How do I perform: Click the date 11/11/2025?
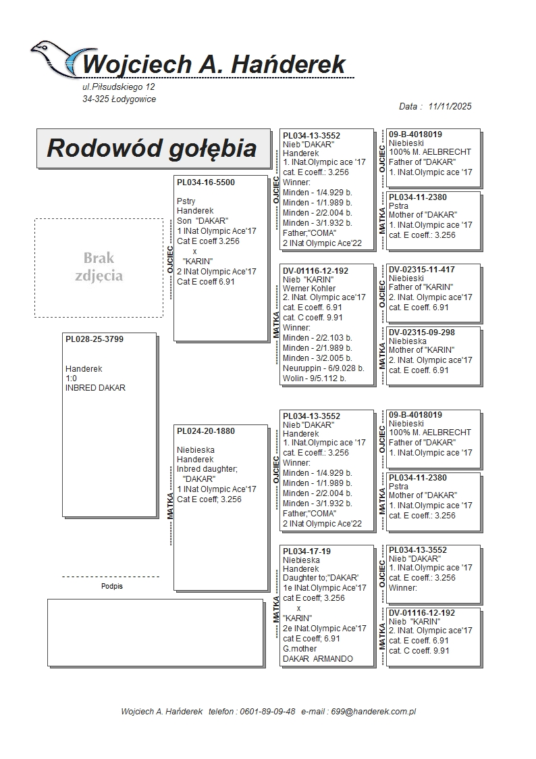point(450,106)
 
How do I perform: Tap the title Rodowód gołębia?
point(151,148)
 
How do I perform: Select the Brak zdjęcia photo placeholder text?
point(99,267)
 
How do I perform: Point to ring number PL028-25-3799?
point(95,339)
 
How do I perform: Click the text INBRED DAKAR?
point(95,388)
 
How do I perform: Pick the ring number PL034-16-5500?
point(206,182)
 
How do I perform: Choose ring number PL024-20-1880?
point(206,431)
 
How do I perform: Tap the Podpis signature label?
point(112,586)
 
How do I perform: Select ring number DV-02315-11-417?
point(422,270)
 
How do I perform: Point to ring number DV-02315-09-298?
point(422,333)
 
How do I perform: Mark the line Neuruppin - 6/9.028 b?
point(323,368)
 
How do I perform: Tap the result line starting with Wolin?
point(314,378)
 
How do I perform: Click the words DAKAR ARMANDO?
point(317,658)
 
